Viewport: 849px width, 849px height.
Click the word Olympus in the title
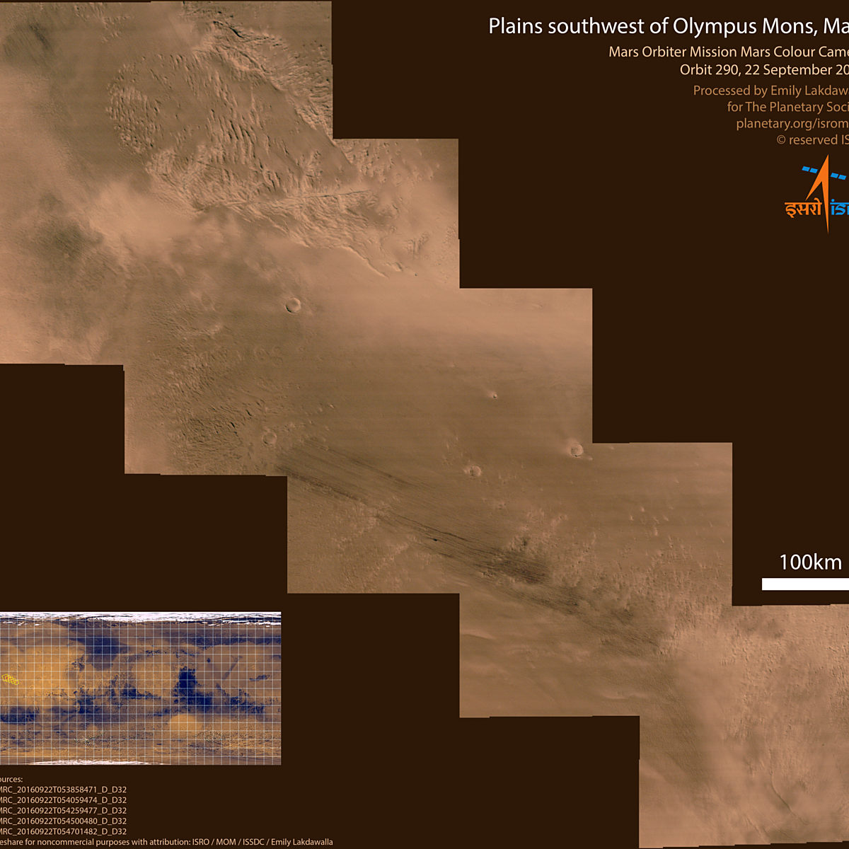(715, 27)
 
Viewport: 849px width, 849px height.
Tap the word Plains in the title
(515, 27)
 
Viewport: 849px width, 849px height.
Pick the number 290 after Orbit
(725, 69)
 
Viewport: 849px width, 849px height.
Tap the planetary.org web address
(791, 123)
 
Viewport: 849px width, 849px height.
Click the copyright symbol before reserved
(781, 140)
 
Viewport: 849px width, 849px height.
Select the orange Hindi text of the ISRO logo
(802, 208)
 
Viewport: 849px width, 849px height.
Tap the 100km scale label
(810, 562)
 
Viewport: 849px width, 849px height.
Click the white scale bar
(805, 584)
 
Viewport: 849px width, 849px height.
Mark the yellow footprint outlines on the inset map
(10, 680)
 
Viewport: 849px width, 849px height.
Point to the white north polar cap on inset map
(141, 617)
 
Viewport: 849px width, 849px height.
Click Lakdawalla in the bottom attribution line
(311, 842)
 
